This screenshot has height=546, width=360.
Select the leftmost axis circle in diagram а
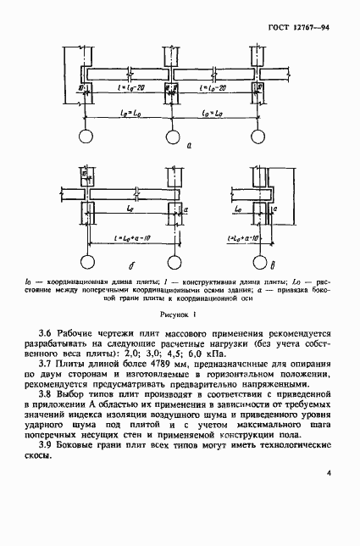(86, 137)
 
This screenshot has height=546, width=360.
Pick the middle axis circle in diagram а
(172, 137)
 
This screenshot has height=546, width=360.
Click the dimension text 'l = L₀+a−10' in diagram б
(130, 238)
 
